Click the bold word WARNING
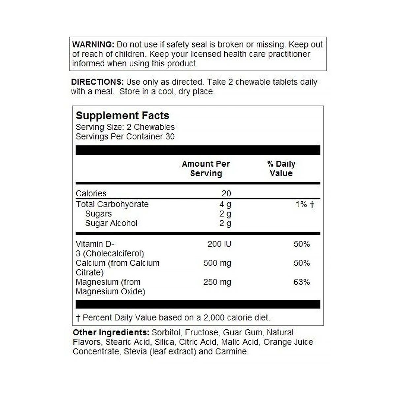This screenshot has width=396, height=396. (93, 45)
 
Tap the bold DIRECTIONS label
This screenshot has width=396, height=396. (97, 82)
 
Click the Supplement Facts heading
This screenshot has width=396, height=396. (122, 115)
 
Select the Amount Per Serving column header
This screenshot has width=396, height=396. (206, 169)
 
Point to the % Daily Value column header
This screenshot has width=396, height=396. (281, 169)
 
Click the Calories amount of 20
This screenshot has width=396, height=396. (226, 193)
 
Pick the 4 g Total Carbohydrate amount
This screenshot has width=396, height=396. (225, 204)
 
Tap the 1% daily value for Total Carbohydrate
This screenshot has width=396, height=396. (302, 204)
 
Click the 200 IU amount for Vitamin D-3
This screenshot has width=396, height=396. (219, 244)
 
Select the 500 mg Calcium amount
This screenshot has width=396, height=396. (217, 263)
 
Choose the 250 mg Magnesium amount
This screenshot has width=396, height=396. (217, 282)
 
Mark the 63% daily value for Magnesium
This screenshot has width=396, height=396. (302, 282)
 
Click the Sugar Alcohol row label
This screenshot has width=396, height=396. (111, 223)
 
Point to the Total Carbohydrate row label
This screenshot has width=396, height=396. (112, 204)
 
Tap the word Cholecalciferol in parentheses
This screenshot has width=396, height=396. (114, 254)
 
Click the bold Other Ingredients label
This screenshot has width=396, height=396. (111, 333)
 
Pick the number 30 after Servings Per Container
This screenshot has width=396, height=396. (170, 137)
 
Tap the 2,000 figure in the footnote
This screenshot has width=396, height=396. (214, 318)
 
